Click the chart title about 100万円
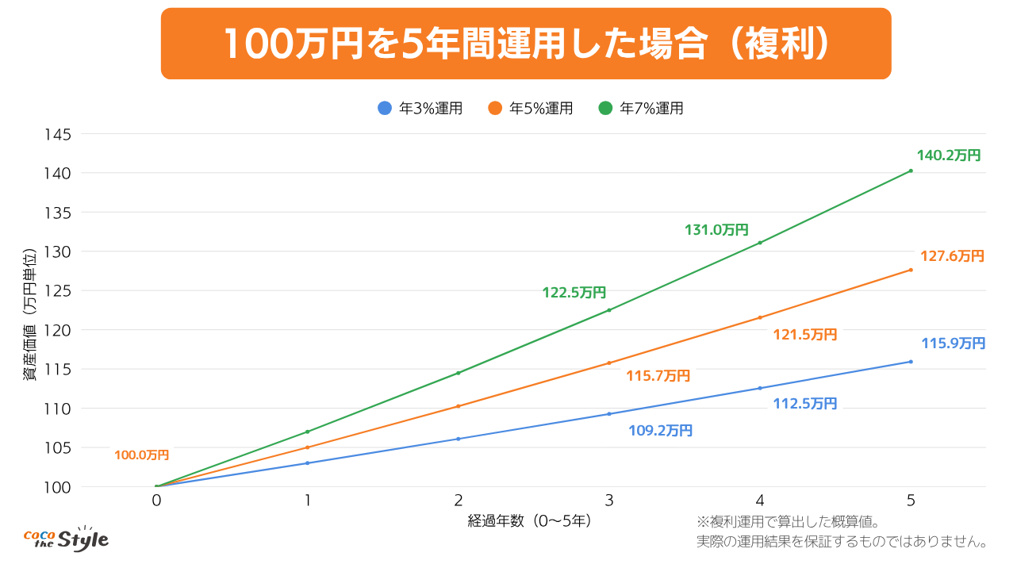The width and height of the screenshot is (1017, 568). (x=526, y=44)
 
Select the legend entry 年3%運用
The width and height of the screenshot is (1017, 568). (x=420, y=109)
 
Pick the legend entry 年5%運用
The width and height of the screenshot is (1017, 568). (x=531, y=109)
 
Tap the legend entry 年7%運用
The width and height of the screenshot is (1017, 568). (x=641, y=109)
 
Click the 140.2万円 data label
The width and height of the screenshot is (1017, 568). (x=949, y=155)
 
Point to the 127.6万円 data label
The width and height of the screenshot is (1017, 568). (x=952, y=256)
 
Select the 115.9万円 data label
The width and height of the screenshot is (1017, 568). (x=953, y=343)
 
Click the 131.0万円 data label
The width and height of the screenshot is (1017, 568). (x=716, y=230)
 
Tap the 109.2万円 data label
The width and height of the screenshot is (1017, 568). (x=660, y=431)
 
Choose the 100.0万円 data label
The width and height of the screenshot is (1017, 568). (x=141, y=455)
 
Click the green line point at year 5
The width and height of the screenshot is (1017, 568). (x=911, y=171)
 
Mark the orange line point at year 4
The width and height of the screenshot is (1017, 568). (x=760, y=317)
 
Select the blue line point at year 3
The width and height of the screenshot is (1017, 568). (x=609, y=413)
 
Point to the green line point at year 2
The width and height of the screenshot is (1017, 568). (x=458, y=373)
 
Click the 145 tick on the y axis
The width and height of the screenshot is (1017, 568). (x=59, y=134)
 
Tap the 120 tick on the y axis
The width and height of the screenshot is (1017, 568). (x=59, y=330)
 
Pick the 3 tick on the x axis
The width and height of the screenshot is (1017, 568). (x=609, y=501)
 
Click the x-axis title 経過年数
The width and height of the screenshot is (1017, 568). (x=529, y=521)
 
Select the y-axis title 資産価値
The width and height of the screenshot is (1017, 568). (x=29, y=314)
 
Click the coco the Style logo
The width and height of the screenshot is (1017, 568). (x=66, y=539)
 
